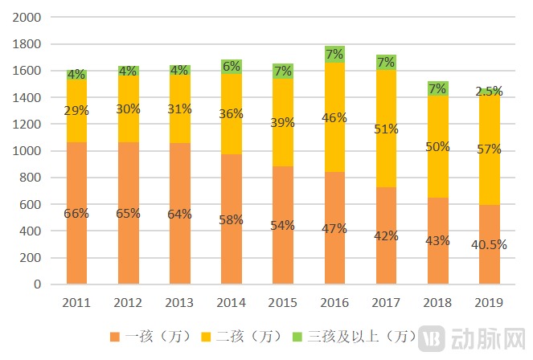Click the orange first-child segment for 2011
77,241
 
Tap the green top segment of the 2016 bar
334,54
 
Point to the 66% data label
77,214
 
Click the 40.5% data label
490,245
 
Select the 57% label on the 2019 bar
489,149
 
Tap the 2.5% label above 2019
490,92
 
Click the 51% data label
386,129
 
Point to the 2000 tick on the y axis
30,18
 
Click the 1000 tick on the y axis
30,151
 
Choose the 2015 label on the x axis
283,303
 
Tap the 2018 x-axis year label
437,303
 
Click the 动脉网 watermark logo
474,337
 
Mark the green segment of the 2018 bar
437,88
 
